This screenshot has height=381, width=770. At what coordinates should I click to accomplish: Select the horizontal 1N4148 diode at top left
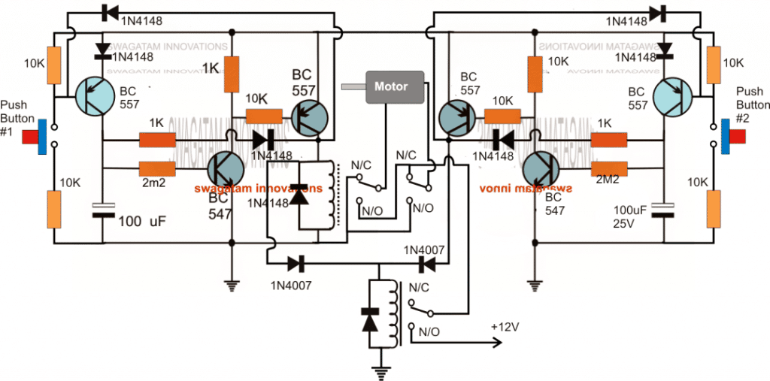click(x=106, y=14)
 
